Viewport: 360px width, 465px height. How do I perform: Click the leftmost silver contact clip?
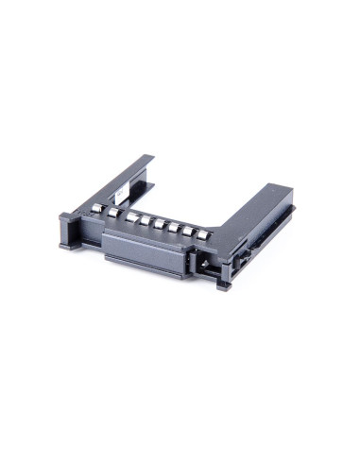click(96, 207)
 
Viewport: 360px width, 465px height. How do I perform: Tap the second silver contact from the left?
click(114, 213)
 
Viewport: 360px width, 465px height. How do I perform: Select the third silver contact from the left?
click(133, 218)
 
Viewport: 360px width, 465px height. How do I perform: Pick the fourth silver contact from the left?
click(147, 222)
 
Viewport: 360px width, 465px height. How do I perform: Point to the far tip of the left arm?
click(149, 158)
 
